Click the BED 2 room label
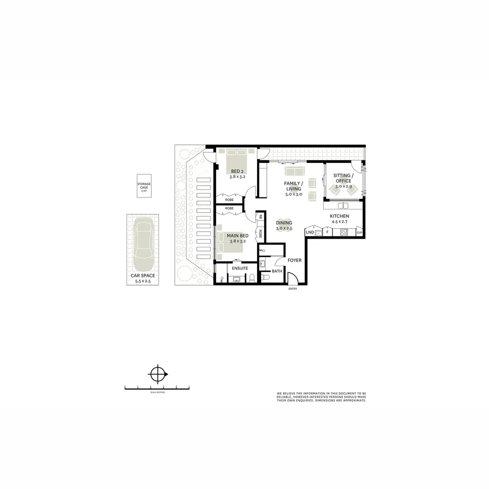point(237,171)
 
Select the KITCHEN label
point(339,216)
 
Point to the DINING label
point(284,223)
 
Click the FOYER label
point(294,260)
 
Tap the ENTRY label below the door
point(292,289)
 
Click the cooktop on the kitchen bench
point(344,233)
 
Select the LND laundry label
point(310,233)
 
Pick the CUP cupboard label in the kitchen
point(359,233)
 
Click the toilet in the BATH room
point(266,278)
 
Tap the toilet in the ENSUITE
point(252,278)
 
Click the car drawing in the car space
point(143,244)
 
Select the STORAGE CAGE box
point(144,186)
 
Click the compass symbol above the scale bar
point(158,374)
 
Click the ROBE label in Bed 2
point(229,199)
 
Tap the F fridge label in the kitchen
point(327,233)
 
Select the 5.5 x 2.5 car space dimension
point(143,281)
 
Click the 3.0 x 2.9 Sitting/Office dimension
point(343,187)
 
